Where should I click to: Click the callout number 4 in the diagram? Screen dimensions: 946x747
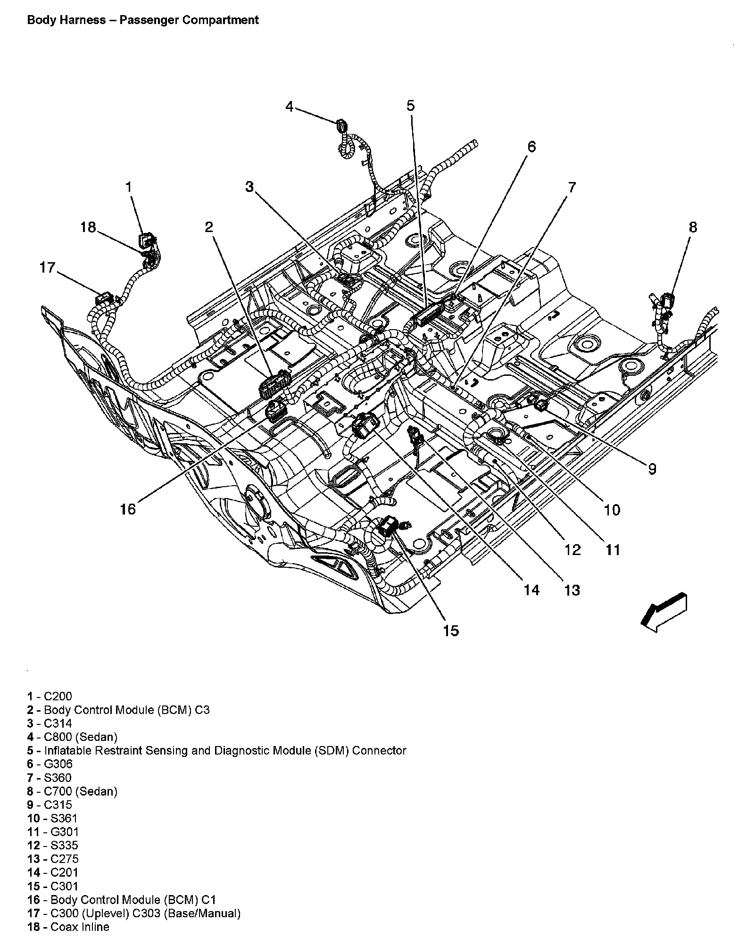tap(290, 107)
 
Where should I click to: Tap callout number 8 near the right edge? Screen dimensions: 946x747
tap(692, 228)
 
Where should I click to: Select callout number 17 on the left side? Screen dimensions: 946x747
tap(48, 268)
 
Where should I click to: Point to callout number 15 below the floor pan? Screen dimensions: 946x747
tap(451, 631)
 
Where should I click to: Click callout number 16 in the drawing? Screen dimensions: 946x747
tap(128, 509)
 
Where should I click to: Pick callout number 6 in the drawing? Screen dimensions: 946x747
tap(531, 147)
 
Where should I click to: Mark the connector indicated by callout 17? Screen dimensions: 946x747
tap(104, 299)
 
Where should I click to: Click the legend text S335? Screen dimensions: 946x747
tap(65, 846)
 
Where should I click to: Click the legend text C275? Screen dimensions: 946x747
tap(65, 859)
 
